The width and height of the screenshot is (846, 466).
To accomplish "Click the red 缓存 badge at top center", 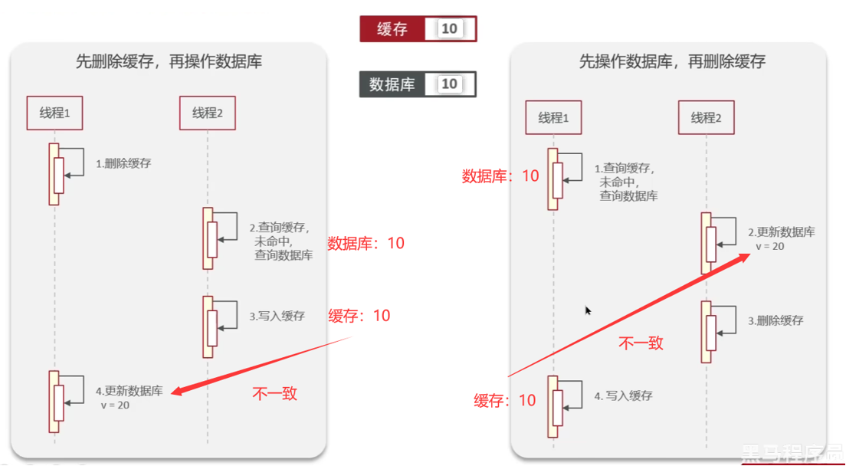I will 418,29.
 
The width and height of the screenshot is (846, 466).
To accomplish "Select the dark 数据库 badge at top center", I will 418,84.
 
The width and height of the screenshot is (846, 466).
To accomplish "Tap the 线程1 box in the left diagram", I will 54,113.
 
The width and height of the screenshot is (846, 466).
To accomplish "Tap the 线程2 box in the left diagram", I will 207,113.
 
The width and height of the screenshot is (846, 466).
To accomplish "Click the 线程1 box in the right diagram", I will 553,117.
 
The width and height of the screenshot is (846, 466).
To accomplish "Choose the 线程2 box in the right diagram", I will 706,117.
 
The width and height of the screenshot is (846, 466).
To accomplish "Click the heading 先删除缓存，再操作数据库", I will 169,62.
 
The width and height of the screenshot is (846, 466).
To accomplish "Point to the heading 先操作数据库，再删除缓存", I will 672,62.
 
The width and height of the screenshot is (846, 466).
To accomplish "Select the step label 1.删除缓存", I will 123,163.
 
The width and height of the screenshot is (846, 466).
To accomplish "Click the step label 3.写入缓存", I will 277,316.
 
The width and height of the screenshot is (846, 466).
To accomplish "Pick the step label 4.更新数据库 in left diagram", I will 129,390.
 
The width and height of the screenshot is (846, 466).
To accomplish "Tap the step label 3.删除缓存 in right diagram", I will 775,320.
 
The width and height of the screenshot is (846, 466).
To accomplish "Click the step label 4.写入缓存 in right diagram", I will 624,395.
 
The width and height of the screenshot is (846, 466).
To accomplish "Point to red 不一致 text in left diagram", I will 274,394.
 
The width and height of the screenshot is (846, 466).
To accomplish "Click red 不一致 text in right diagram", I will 641,343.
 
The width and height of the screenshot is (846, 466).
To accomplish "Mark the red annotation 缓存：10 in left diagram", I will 359,316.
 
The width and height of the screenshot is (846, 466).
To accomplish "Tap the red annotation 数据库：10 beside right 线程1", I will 500,176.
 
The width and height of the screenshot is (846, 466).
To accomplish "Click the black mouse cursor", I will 588,310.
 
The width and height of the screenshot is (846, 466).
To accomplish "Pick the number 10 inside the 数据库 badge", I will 449,84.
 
